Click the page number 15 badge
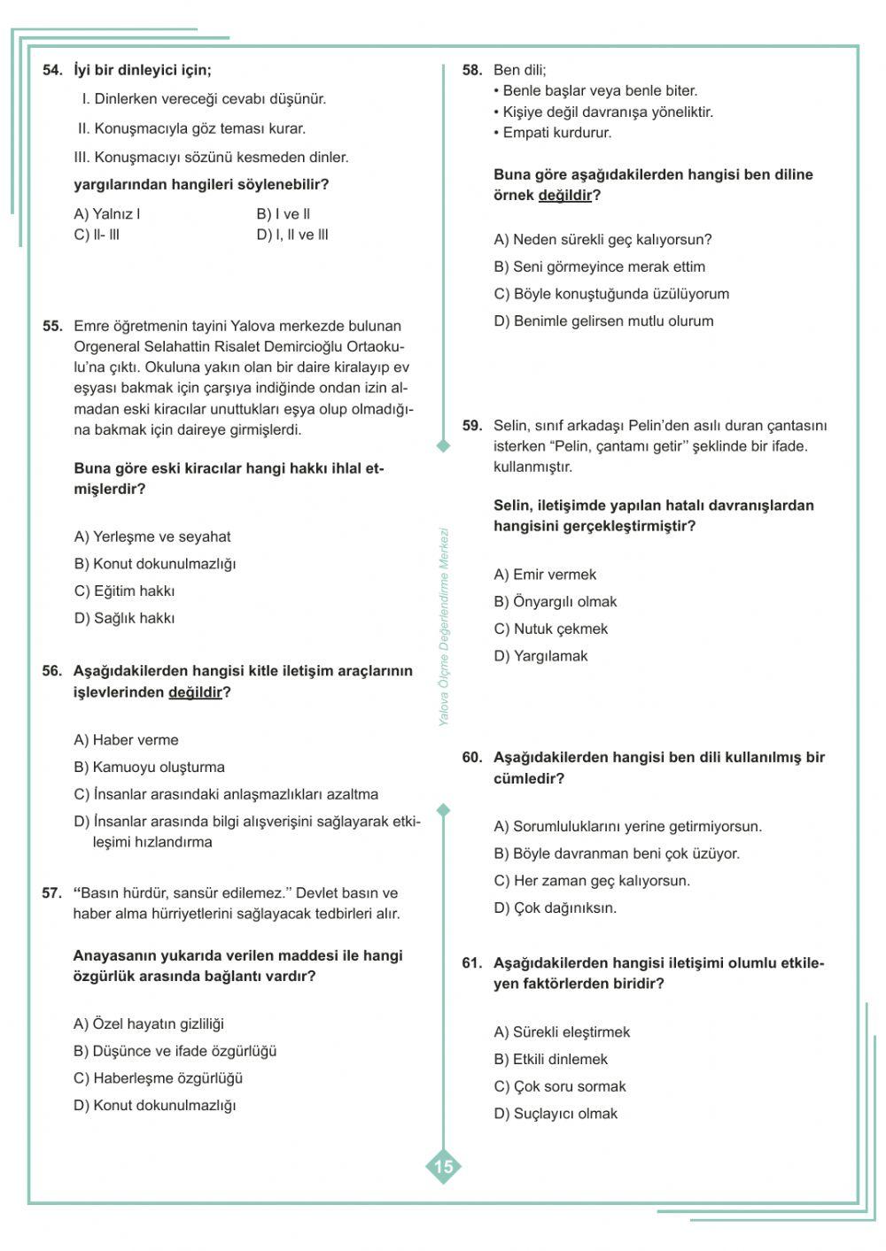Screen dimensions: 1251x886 pyautogui.click(x=444, y=1166)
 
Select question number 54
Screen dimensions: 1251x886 pyautogui.click(x=52, y=70)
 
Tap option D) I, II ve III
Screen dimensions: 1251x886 pyautogui.click(x=292, y=235)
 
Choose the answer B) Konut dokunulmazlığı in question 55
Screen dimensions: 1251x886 pyautogui.click(x=155, y=564)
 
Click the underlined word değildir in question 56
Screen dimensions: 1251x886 pyautogui.click(x=195, y=692)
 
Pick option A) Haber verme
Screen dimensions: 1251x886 pyautogui.click(x=126, y=740)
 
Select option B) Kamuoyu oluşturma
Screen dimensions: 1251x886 pyautogui.click(x=149, y=768)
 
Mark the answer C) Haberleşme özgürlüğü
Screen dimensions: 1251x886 pyautogui.click(x=158, y=1078)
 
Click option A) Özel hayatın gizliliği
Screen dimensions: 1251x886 pyautogui.click(x=148, y=1024)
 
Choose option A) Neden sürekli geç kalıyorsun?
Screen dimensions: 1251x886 pyautogui.click(x=602, y=240)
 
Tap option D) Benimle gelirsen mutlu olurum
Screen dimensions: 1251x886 pyautogui.click(x=603, y=321)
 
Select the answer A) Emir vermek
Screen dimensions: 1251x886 pyautogui.click(x=545, y=575)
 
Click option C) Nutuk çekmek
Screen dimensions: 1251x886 pyautogui.click(x=550, y=629)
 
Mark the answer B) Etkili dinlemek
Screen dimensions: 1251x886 pyautogui.click(x=550, y=1060)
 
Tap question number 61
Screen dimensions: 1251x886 pyautogui.click(x=472, y=963)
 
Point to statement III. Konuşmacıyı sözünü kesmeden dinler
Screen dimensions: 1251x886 pyautogui.click(x=211, y=158)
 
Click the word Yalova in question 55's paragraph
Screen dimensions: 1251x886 pyautogui.click(x=253, y=326)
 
